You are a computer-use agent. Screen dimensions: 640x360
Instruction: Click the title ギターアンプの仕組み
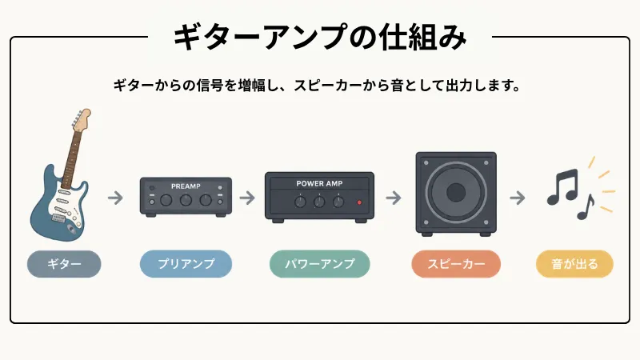[x=320, y=37]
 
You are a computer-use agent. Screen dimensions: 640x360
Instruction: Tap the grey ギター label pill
[x=64, y=264]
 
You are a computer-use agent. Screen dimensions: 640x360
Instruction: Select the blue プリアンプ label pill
[x=186, y=264]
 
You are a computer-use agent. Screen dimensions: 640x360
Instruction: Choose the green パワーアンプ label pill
[x=319, y=264]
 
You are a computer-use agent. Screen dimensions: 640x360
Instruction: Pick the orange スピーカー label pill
[x=456, y=264]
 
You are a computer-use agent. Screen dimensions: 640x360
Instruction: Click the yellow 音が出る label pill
[x=574, y=264]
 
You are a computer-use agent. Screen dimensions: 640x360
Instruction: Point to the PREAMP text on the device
[x=186, y=186]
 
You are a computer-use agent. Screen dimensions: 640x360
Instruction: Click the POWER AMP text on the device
[x=319, y=184]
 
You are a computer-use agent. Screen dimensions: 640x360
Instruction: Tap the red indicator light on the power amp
[x=359, y=202]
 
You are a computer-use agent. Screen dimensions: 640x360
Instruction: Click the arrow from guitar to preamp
[x=115, y=198]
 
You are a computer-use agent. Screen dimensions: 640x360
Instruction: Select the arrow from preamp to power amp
[x=247, y=198]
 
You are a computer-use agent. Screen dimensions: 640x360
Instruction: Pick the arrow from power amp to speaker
[x=394, y=198]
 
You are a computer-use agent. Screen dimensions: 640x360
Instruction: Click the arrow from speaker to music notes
[x=517, y=198]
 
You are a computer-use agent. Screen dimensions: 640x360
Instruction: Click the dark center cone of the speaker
[x=456, y=192]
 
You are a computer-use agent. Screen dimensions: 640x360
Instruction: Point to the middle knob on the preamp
[x=186, y=200]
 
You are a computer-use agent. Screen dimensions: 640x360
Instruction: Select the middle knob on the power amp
[x=319, y=202]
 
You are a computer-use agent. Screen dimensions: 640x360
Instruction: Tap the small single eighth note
[x=586, y=207]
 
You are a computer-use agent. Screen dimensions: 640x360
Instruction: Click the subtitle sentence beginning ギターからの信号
[x=317, y=86]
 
